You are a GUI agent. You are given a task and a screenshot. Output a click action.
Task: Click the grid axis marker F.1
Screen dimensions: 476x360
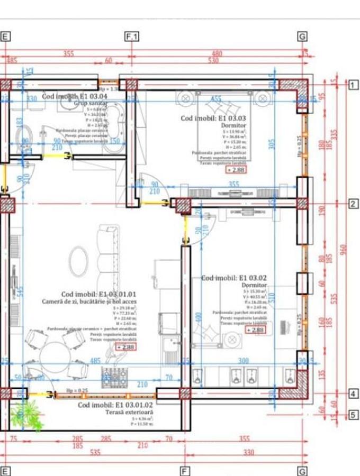click(131, 36)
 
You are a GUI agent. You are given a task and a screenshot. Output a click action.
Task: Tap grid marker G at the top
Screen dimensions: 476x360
click(302, 36)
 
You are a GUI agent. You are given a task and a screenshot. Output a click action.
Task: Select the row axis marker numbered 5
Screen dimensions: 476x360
click(353, 415)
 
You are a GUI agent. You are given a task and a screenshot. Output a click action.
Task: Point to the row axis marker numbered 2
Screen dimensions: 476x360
click(353, 204)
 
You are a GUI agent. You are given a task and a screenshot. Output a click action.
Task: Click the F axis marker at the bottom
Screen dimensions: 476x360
click(185, 471)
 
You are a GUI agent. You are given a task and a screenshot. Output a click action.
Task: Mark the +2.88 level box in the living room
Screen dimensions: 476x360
click(126, 347)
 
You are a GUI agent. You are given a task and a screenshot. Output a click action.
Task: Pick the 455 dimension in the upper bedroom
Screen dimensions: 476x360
click(216, 99)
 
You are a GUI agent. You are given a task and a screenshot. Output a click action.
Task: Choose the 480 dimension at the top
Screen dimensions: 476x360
click(217, 53)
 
